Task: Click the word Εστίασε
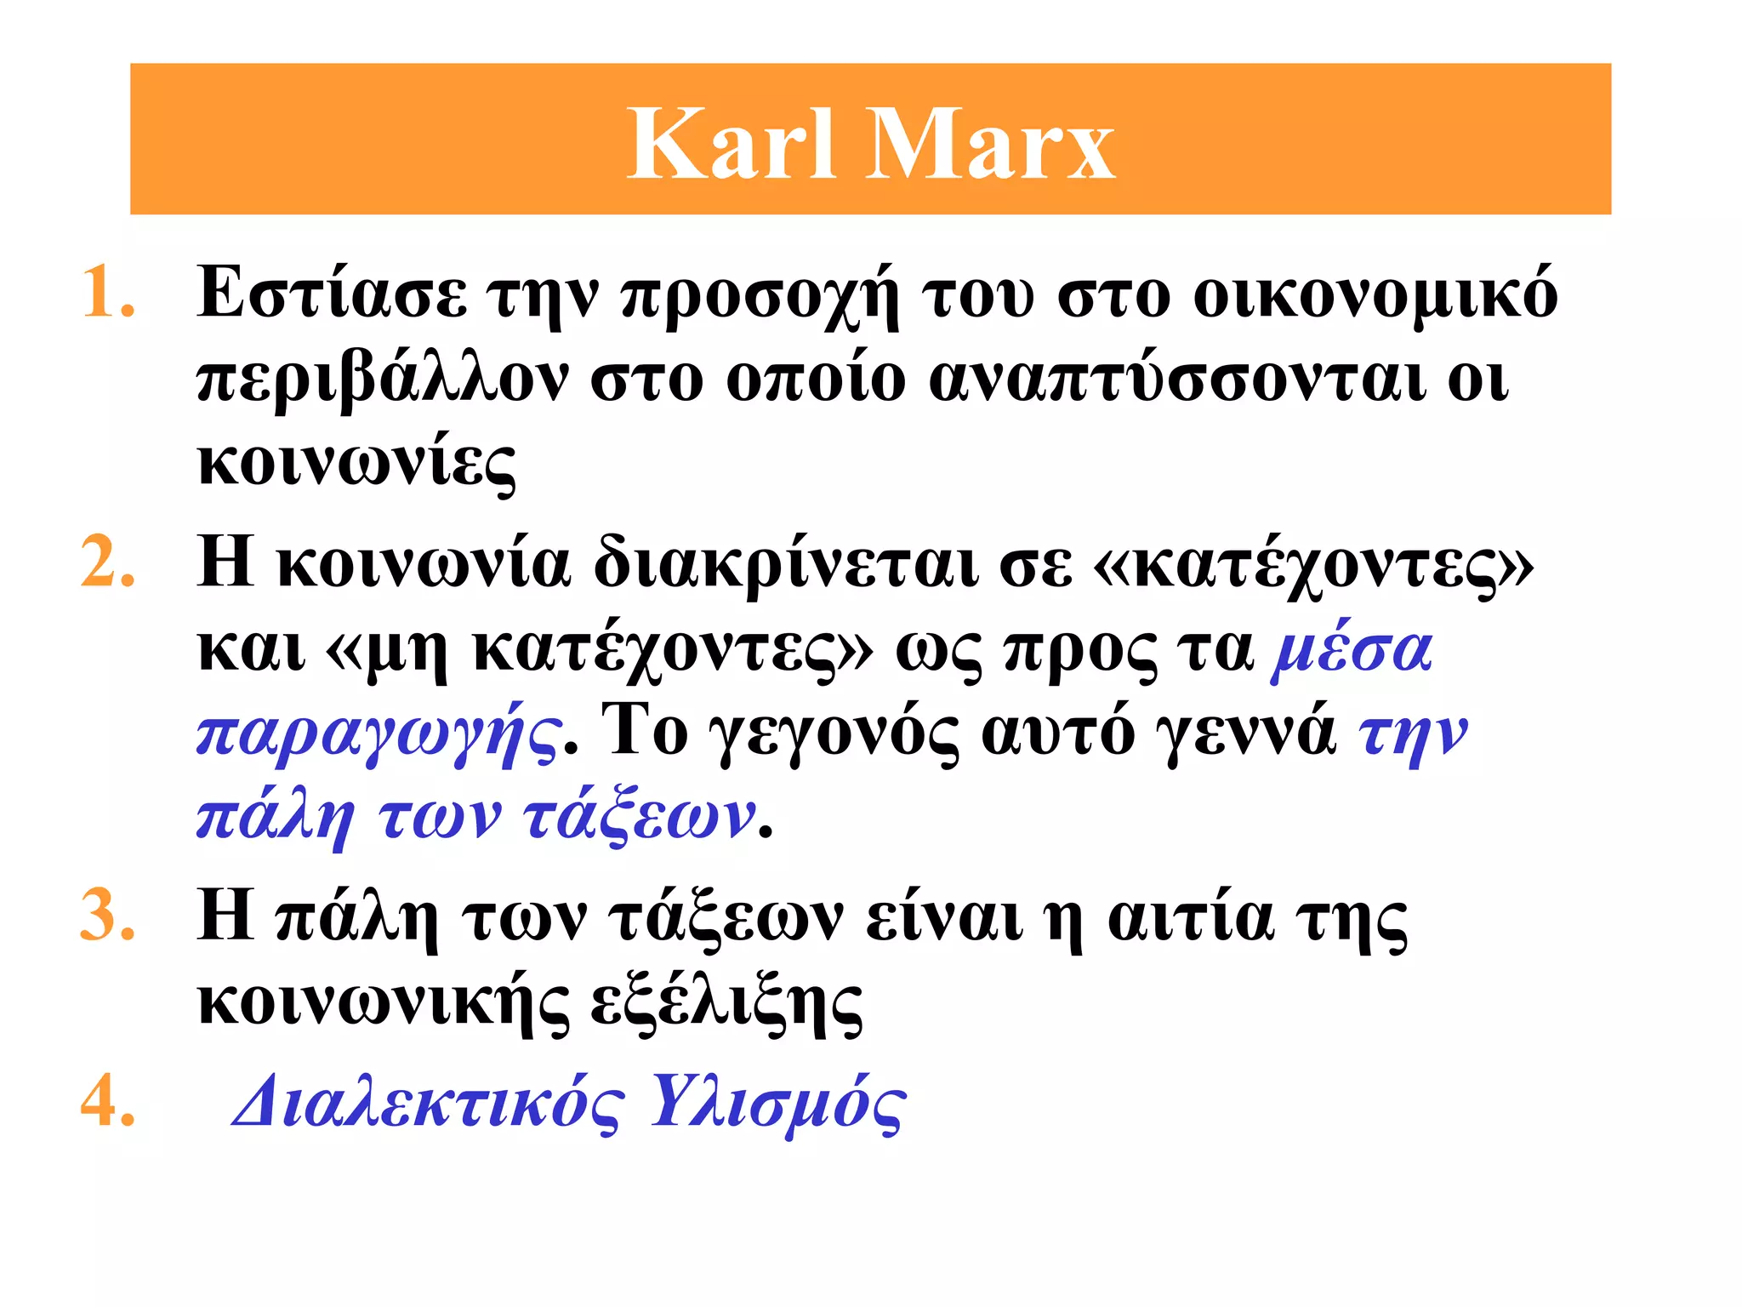pos(332,294)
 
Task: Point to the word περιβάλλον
pos(383,381)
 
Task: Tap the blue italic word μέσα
pos(1352,650)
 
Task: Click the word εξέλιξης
pos(726,1004)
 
